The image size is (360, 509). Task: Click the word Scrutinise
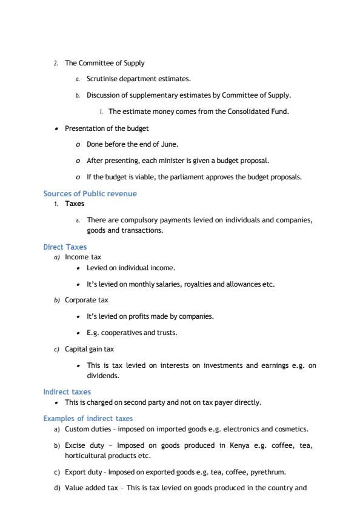tap(104, 79)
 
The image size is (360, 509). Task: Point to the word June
tap(170, 144)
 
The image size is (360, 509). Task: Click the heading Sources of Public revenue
tap(90, 194)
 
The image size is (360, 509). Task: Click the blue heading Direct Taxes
tap(65, 247)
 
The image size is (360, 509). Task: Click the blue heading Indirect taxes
tap(67, 392)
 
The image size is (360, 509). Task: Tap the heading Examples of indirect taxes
tap(88, 419)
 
